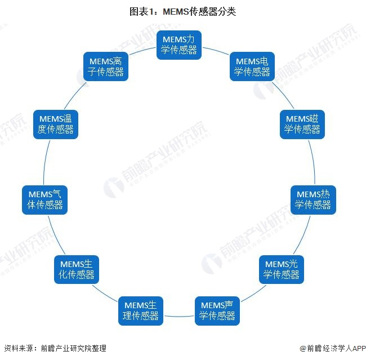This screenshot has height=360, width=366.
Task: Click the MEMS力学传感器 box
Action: click(179, 45)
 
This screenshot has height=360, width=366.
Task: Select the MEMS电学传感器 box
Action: click(252, 66)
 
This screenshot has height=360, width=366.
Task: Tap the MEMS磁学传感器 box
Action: click(302, 124)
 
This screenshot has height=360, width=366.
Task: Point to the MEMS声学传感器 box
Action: click(217, 310)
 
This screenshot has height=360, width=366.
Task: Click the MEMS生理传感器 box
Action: click(140, 310)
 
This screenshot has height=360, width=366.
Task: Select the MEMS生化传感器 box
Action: click(77, 269)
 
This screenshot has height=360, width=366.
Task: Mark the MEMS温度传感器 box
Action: click(55, 124)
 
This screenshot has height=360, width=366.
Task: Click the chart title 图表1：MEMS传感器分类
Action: click(182, 12)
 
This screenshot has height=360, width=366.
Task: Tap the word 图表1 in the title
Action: click(141, 12)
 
